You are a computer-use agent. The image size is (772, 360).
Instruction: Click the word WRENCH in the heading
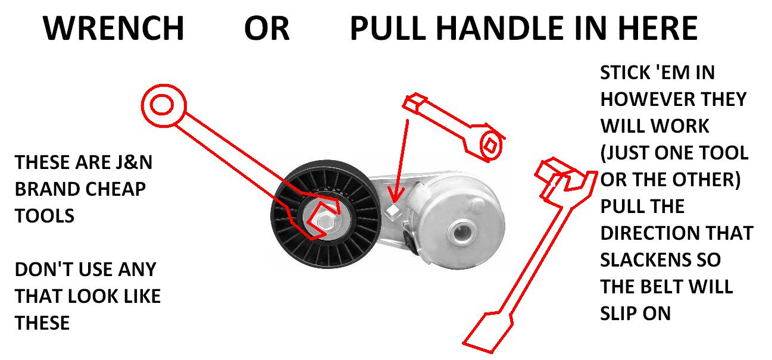(114, 28)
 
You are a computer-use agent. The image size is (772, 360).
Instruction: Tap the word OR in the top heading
(266, 28)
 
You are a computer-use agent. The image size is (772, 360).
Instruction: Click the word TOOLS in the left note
(45, 215)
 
